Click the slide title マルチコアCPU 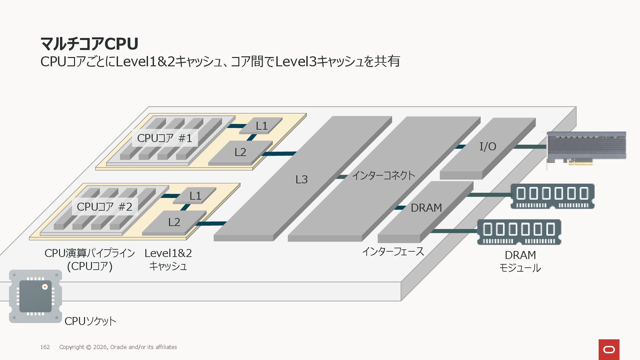[x=89, y=44]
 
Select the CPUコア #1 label [x=165, y=138]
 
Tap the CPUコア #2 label [x=105, y=207]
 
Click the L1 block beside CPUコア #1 [x=261, y=126]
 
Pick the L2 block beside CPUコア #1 [x=240, y=152]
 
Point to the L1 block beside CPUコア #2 [x=195, y=196]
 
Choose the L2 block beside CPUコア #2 [x=174, y=222]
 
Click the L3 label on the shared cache [x=301, y=180]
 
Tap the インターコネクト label [x=383, y=175]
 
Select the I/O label [x=488, y=146]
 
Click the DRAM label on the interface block [x=426, y=208]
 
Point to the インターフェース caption [x=393, y=251]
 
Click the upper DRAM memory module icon [x=552, y=196]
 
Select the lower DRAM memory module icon [x=519, y=232]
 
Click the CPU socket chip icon [x=35, y=296]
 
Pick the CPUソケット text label [x=90, y=321]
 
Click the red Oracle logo [x=609, y=349]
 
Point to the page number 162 [x=45, y=347]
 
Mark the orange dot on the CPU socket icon [x=45, y=287]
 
